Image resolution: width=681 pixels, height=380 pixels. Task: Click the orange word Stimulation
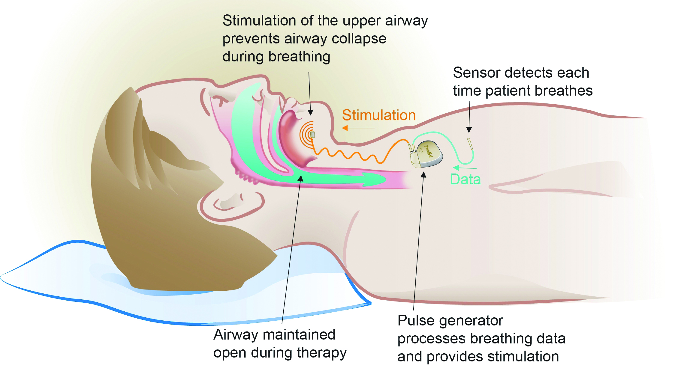tap(379, 115)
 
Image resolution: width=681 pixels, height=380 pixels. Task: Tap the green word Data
tap(465, 180)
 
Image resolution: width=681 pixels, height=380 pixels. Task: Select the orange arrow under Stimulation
tap(358, 128)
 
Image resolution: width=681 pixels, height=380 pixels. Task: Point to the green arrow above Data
tap(464, 168)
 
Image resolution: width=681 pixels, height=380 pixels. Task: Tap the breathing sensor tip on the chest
tap(469, 140)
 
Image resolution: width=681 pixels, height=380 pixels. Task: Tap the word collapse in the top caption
tap(360, 39)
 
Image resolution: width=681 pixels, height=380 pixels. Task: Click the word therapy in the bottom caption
tap(321, 353)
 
